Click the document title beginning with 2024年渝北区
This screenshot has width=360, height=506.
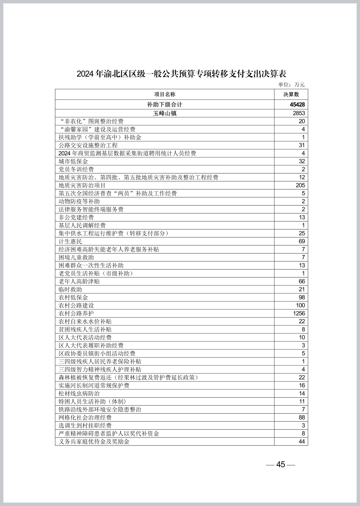(181, 74)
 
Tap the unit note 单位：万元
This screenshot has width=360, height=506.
(291, 85)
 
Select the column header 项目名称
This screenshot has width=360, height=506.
(165, 94)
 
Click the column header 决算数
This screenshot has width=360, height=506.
(291, 94)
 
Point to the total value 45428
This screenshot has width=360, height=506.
(297, 105)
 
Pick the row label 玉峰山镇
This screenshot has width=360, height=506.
(165, 113)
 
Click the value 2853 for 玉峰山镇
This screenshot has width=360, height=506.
(299, 113)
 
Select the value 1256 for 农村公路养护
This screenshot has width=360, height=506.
(299, 313)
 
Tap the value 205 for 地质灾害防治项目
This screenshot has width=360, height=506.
(300, 185)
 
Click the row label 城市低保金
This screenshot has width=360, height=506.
(73, 161)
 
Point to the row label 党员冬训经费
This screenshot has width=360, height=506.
(76, 169)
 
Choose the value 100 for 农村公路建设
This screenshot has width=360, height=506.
(300, 305)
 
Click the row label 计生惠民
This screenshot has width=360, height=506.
(70, 241)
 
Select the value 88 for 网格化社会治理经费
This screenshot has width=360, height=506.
(302, 417)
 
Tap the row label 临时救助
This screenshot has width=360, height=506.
(70, 289)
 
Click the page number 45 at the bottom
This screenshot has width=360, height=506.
(281, 464)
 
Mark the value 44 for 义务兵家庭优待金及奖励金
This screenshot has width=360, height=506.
(302, 441)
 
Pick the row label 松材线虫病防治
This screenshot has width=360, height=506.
(79, 393)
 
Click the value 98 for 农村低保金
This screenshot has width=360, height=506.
(302, 297)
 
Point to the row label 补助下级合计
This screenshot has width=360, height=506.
(165, 105)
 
